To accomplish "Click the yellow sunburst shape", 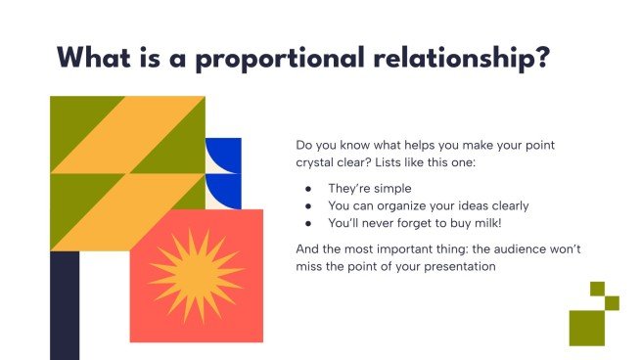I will pos(195,275).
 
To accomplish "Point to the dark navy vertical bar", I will pos(64,304).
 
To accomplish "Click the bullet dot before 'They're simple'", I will pos(309,187).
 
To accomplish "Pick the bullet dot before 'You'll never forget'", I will pos(309,224).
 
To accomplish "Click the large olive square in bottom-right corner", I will pos(587,328).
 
